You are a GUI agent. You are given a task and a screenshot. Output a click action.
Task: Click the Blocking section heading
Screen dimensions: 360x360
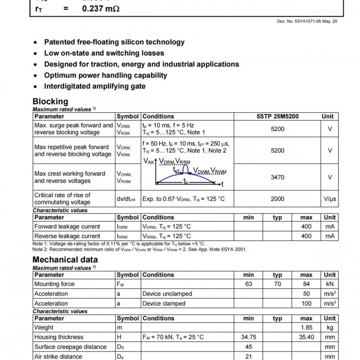click(50, 101)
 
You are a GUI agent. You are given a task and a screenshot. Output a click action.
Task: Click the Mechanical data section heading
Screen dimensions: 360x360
click(65, 260)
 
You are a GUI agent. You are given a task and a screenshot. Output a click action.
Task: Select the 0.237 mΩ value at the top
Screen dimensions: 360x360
click(100, 8)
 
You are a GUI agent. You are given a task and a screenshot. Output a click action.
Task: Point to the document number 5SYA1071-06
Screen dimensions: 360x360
click(307, 21)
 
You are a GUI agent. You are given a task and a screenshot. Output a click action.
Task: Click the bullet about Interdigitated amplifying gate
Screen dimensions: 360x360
click(95, 86)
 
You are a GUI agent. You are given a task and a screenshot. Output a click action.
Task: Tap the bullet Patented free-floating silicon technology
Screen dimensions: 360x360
click(114, 42)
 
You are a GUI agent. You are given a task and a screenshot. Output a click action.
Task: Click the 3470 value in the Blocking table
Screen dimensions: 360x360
click(277, 178)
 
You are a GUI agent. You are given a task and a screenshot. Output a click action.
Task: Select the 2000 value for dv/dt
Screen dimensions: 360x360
click(277, 199)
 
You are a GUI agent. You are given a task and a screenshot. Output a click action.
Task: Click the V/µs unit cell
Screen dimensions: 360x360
click(330, 199)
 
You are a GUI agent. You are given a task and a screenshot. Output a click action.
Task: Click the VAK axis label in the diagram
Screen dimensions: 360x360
click(149, 162)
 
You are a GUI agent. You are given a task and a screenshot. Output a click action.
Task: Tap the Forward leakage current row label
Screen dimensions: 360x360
click(67, 227)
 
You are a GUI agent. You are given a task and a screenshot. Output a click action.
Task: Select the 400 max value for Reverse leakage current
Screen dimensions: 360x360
click(306, 236)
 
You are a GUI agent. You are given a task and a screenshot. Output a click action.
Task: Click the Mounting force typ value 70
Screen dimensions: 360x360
click(277, 284)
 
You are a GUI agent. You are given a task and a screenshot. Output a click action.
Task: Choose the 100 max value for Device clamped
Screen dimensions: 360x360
click(306, 303)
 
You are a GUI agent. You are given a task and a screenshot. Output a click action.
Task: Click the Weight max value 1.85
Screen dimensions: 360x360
click(306, 327)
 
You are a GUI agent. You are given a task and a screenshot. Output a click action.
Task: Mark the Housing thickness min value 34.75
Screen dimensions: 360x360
click(249, 337)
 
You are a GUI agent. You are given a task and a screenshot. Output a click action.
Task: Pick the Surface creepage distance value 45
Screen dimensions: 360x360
click(249, 347)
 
